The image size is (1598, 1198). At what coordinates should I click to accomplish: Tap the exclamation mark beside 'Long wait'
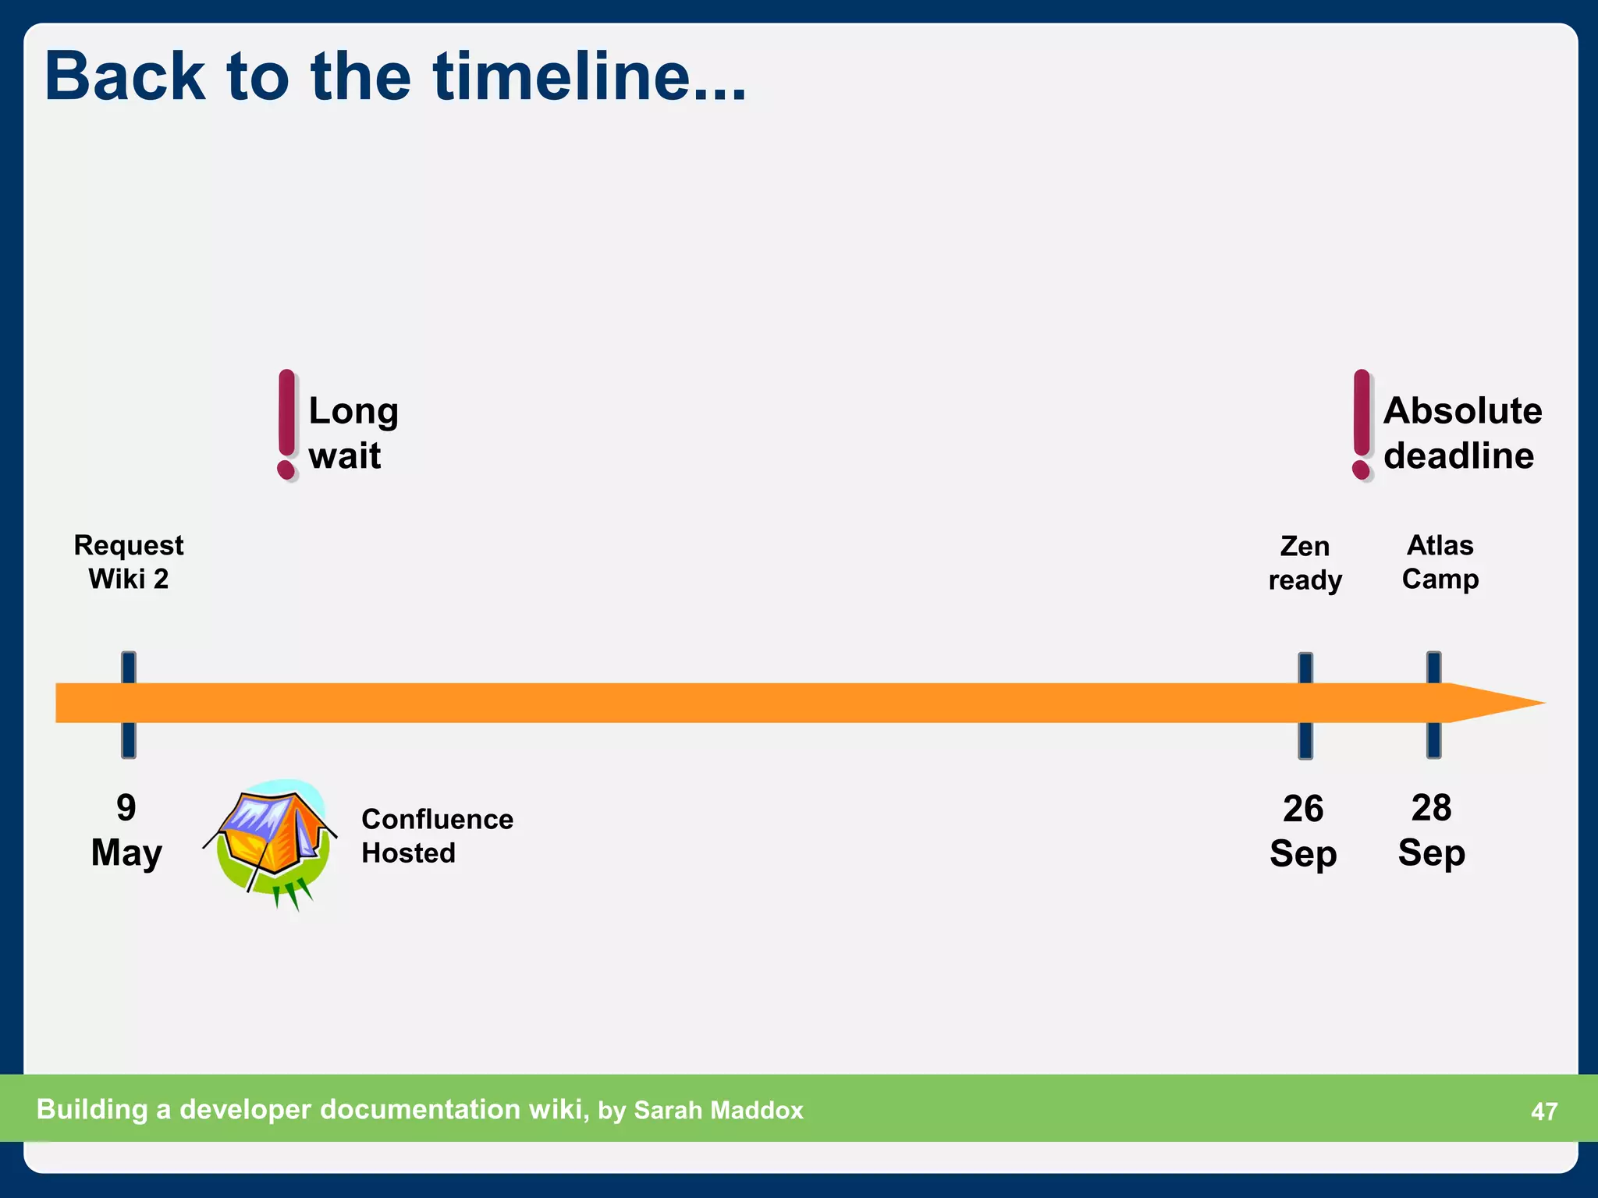[287, 425]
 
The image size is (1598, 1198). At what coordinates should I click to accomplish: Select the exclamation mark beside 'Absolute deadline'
[1362, 425]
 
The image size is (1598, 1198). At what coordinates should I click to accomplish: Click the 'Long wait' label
[353, 433]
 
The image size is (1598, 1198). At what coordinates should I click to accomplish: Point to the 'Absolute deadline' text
[1461, 433]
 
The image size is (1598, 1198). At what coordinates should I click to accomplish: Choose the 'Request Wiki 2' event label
[129, 562]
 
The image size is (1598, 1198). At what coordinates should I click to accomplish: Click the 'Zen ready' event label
[1305, 562]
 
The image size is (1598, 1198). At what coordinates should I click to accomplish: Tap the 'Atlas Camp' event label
[1440, 562]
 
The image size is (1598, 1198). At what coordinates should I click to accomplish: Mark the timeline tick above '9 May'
[129, 704]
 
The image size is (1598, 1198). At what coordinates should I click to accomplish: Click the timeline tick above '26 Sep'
[1305, 704]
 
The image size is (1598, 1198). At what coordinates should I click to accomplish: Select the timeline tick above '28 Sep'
[1433, 704]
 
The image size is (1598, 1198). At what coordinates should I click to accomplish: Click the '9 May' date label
[126, 830]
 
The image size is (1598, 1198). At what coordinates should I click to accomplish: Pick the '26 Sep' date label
[1303, 831]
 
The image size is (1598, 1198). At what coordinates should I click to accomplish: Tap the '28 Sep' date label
[1431, 830]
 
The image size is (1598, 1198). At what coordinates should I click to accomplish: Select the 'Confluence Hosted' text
[437, 836]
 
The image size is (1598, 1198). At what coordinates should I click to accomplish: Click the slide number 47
[1543, 1111]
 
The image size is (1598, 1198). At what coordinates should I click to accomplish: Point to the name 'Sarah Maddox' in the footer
[718, 1110]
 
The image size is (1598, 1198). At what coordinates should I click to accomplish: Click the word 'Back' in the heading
[125, 76]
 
